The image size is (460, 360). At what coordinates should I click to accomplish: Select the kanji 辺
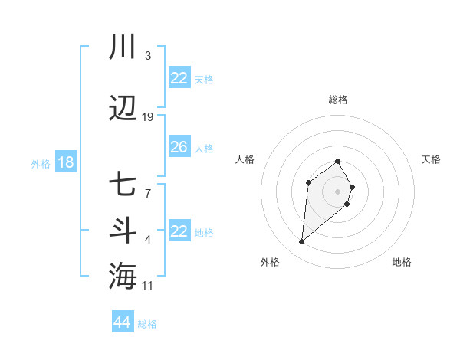(123, 109)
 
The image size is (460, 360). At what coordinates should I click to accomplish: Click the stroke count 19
(148, 116)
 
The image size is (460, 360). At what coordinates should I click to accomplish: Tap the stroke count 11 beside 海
(148, 286)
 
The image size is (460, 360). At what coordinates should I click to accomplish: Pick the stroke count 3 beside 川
(147, 56)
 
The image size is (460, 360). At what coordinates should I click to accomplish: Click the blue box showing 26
(179, 147)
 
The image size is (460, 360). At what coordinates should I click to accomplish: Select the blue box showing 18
(65, 162)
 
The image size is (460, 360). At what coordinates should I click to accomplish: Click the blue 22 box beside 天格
(179, 78)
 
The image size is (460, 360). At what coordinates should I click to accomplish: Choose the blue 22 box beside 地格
(179, 231)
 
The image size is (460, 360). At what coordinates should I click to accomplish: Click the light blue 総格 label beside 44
(147, 324)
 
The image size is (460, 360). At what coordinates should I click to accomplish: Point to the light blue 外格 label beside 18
(40, 164)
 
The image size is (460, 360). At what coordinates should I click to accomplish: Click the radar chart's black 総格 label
(337, 100)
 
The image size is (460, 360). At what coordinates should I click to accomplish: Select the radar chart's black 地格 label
(402, 262)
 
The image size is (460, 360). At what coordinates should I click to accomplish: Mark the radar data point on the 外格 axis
(301, 242)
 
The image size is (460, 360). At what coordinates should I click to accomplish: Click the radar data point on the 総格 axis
(337, 161)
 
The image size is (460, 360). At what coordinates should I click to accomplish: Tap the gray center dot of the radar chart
(337, 191)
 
